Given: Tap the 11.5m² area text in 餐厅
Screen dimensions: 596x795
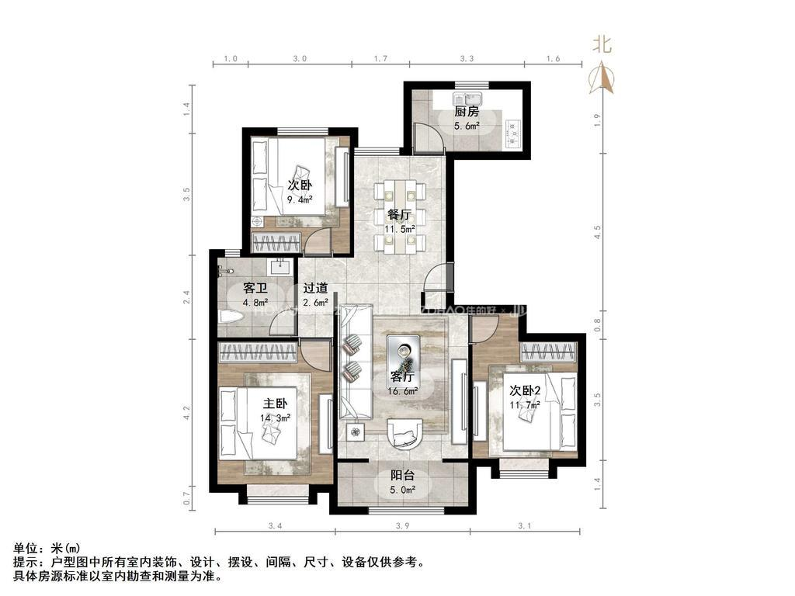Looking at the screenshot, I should pos(400,229).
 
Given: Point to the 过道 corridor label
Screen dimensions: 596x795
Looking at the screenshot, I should pos(315,288).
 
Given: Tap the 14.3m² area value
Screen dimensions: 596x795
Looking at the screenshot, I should pos(276,418).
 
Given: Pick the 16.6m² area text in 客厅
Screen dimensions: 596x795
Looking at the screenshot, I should pos(403,391).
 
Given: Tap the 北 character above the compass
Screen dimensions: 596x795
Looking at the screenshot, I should pos(602,45).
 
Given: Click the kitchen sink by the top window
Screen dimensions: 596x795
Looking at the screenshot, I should pos(470,99).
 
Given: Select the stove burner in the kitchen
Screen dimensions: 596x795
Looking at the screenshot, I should pos(512,133).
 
